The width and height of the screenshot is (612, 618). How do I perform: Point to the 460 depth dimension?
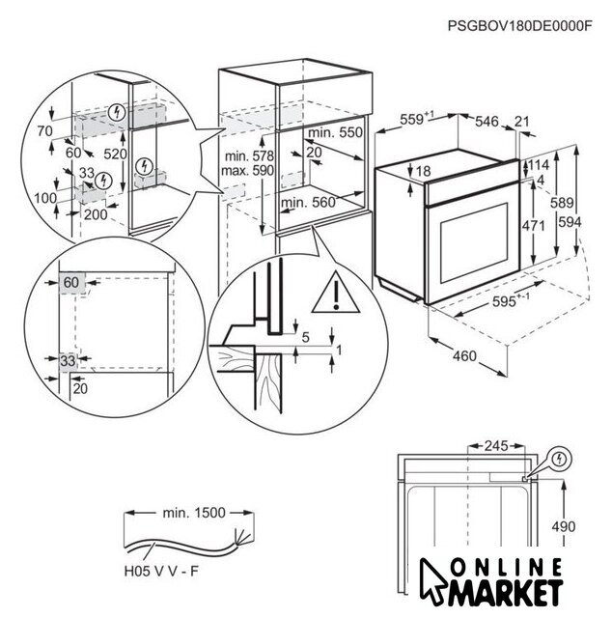[x=465, y=358]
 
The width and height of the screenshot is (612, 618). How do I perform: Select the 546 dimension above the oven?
[x=487, y=121]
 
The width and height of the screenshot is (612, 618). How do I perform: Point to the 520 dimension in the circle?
[x=116, y=154]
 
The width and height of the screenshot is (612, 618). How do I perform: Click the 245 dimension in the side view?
[x=495, y=446]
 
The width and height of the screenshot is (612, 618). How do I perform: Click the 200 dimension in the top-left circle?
[x=95, y=214]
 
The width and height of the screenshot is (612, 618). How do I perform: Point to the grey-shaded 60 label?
[x=70, y=282]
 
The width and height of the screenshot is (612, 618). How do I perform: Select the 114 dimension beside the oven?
[x=539, y=165]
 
